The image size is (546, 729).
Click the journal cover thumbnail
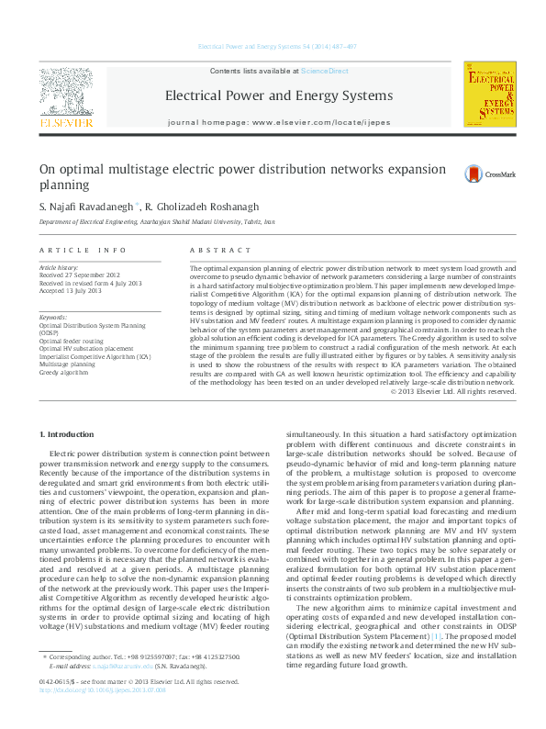tap(487, 96)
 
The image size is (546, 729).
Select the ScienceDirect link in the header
tap(325, 71)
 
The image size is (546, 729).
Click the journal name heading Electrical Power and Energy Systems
tap(277, 95)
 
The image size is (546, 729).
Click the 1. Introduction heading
tap(69, 432)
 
